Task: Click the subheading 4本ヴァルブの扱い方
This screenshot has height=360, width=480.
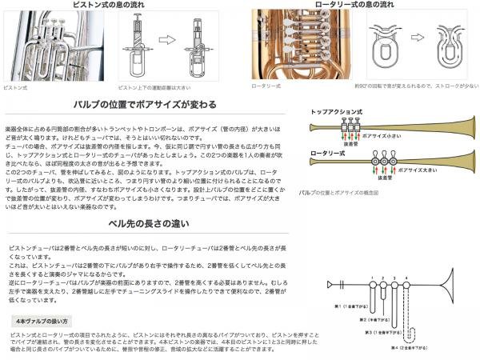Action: tap(39, 298)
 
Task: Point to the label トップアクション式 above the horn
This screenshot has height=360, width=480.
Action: tap(333, 111)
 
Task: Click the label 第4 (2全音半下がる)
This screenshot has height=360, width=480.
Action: tap(417, 346)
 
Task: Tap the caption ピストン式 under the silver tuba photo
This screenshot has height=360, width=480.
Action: tap(15, 86)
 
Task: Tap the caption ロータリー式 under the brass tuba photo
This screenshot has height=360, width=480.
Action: tap(266, 85)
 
